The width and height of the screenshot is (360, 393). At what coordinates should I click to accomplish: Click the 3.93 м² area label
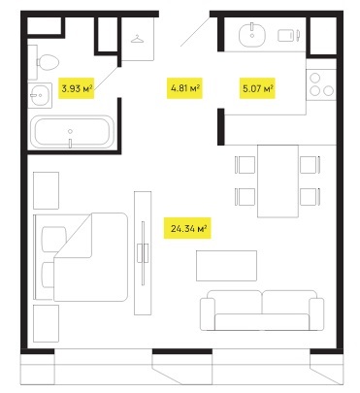pos(76,88)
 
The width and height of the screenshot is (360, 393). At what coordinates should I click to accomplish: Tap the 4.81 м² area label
pos(184,87)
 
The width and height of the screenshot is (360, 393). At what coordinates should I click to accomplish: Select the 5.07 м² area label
pos(257,88)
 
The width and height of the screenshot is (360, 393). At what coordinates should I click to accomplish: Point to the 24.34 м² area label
pos(187,228)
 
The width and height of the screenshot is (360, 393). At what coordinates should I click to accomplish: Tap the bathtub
pos(72,132)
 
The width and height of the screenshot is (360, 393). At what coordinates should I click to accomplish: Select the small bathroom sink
pos(40,95)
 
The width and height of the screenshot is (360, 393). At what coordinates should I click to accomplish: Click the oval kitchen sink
pos(252,35)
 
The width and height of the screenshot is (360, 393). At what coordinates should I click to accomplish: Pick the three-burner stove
pos(321,85)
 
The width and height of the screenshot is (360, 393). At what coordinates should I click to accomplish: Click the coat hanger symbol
pos(138,39)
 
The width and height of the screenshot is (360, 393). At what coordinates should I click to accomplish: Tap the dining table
pos(278,181)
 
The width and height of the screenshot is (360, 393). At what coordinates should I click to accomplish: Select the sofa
pos(262,311)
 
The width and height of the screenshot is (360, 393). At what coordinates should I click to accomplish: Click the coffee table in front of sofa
pos(226,266)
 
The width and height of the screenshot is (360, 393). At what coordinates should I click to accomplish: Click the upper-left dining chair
pos(245,165)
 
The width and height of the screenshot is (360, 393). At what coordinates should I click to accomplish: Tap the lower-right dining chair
pos(311,197)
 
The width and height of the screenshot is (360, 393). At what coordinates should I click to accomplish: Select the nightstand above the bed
pos(46,190)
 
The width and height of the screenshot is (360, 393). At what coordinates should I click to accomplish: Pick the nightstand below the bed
pos(46,323)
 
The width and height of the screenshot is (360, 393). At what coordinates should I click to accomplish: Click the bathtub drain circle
pos(70,131)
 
